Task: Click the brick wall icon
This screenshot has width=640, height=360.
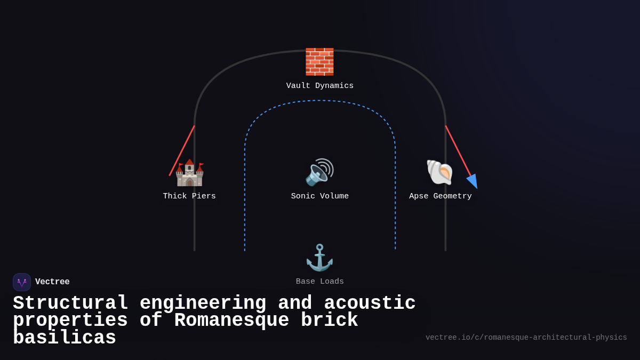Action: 319,62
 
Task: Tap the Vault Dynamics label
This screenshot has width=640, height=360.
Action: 320,86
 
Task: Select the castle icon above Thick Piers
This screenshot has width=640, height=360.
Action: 189,172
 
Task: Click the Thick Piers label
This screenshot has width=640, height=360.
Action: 189,196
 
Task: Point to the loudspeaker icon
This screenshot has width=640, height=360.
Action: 319,172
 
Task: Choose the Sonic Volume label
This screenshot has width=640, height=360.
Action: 320,196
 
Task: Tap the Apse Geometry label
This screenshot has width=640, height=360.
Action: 441,196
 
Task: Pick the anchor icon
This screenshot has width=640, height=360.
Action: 319,258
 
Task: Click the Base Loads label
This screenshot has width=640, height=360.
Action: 320,282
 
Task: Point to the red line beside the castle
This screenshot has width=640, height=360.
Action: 182,150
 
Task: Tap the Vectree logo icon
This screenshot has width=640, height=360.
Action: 22,282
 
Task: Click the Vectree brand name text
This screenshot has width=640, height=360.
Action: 52,282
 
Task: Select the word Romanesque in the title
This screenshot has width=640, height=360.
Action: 231,321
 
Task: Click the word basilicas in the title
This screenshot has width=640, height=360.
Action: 65,338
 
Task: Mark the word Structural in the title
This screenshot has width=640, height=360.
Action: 70,303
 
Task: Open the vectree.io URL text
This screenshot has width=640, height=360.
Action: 526,338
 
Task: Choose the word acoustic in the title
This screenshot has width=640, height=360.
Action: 370,303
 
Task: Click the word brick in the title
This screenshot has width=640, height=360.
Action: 329,321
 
